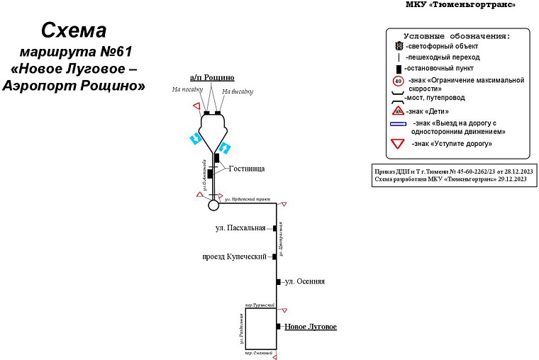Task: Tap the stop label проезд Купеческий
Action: [236, 257]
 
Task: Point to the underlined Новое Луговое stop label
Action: [310, 327]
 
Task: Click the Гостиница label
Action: [246, 169]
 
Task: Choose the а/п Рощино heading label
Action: [212, 77]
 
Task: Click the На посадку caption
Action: [187, 90]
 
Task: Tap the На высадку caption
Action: [237, 91]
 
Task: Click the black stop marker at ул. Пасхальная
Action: [274, 228]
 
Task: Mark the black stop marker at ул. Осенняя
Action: [279, 282]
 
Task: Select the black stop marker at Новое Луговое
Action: [278, 327]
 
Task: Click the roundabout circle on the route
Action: [213, 206]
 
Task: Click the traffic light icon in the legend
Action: [399, 46]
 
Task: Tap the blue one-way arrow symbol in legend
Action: [399, 124]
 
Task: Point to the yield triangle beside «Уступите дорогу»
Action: [399, 144]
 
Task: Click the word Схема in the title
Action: [74, 30]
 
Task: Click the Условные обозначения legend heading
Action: [457, 35]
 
